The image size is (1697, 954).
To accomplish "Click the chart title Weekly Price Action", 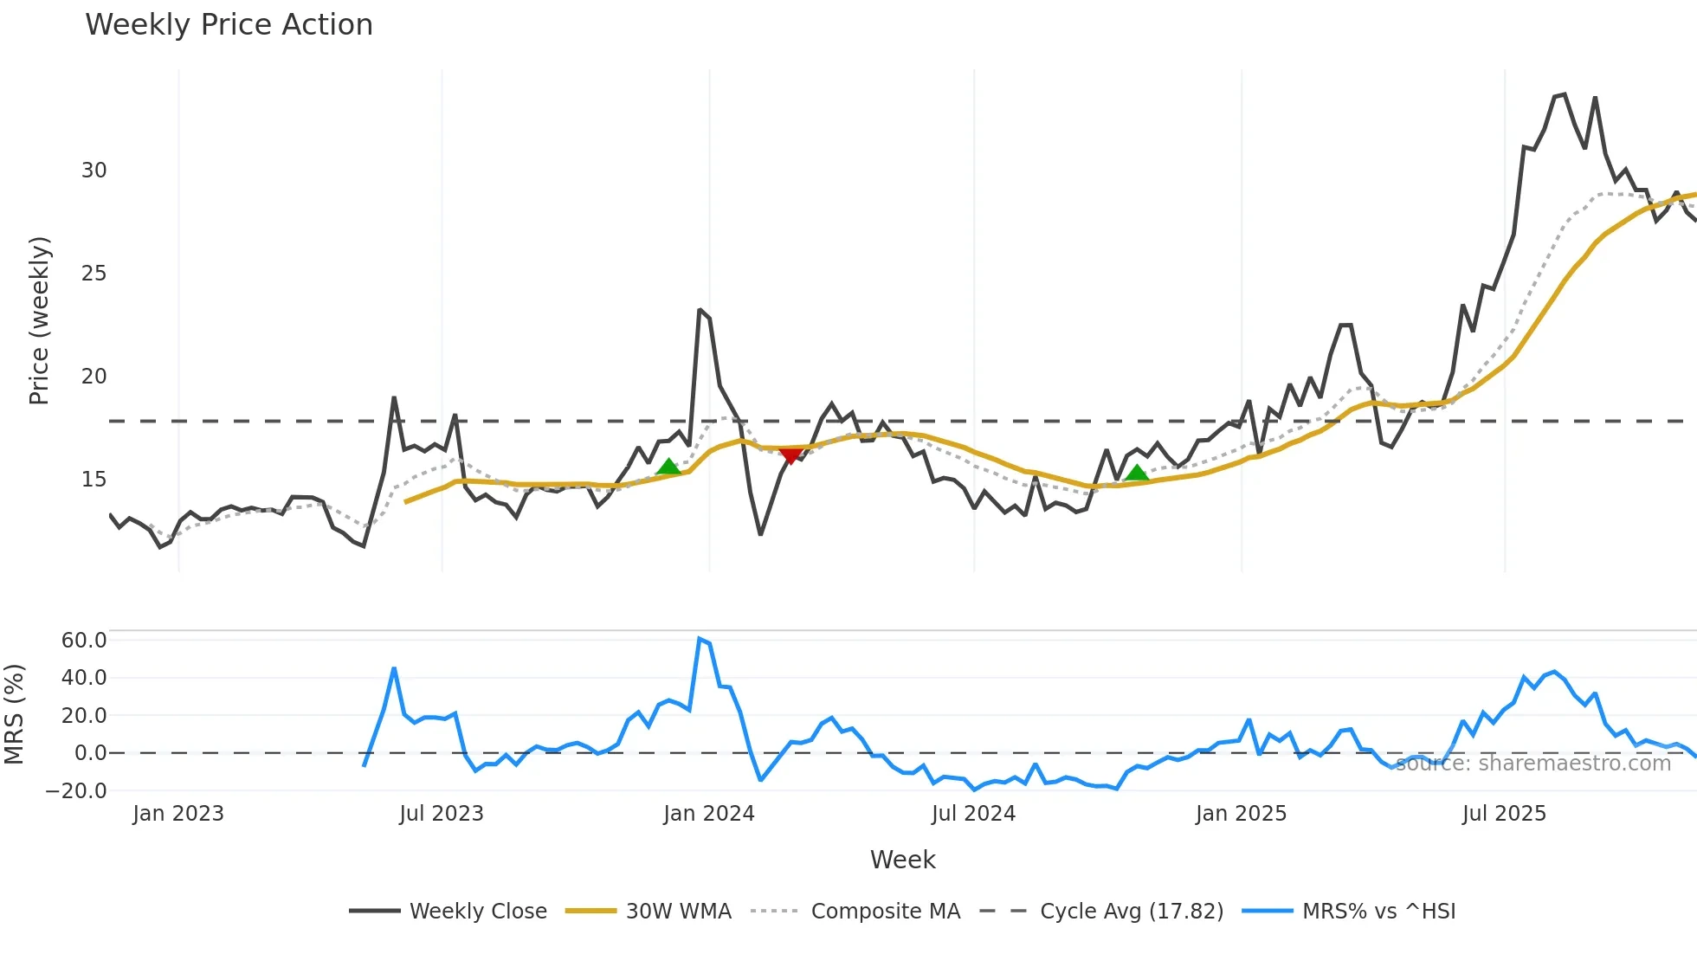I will [229, 25].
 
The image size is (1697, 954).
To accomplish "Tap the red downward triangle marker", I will [790, 455].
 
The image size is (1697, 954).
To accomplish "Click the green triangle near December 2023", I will [668, 467].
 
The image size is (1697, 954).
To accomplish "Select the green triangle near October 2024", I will [1137, 473].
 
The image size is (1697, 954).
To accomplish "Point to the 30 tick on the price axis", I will [94, 171].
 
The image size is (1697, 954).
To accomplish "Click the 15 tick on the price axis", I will [94, 480].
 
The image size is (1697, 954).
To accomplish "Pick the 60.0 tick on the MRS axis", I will [84, 641].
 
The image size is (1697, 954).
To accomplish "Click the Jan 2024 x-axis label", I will [709, 814].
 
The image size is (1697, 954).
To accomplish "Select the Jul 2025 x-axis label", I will [1504, 814].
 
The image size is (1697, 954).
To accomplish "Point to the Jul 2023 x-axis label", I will [442, 814].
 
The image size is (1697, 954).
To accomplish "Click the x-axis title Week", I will [902, 860].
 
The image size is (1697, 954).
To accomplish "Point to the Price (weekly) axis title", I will [40, 321].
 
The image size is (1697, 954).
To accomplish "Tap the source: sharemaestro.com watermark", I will [1532, 764].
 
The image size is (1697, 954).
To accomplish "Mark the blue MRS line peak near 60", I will [700, 640].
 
